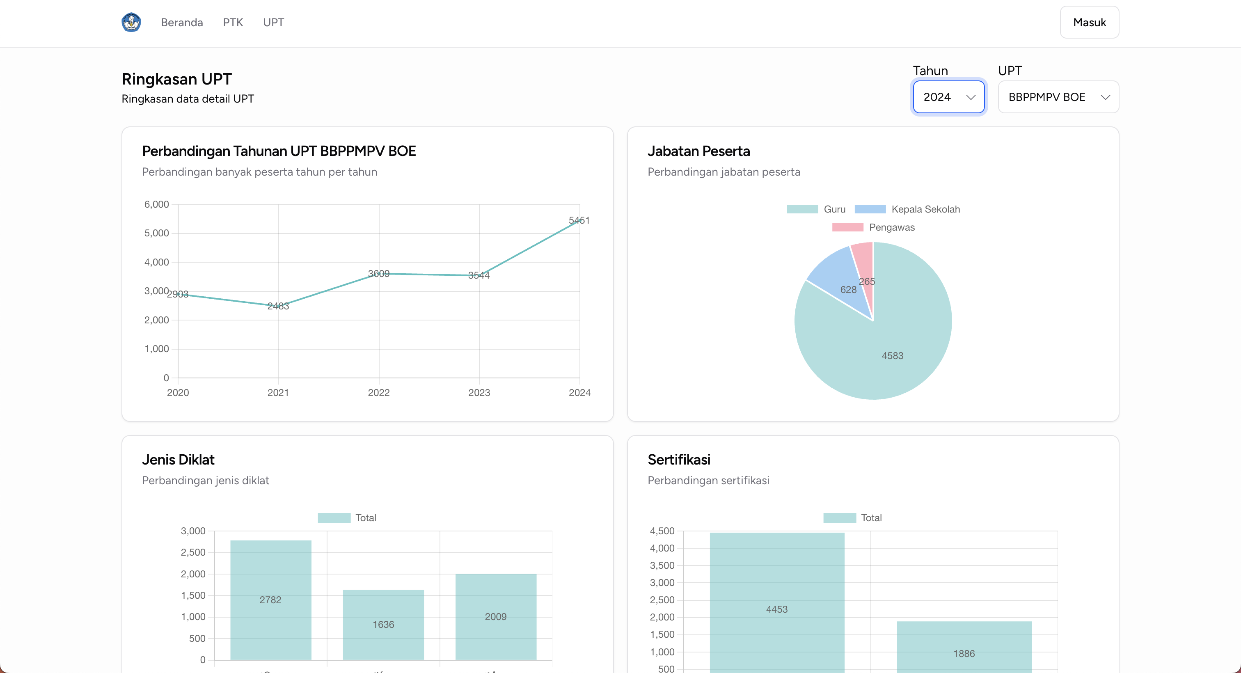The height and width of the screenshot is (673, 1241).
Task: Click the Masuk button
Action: coord(1089,22)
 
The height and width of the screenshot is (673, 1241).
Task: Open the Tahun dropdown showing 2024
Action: coord(948,97)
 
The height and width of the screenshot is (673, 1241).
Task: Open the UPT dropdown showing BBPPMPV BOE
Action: coord(1058,97)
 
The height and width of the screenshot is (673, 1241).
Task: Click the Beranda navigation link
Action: coord(182,23)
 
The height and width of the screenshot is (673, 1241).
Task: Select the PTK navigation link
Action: coord(233,23)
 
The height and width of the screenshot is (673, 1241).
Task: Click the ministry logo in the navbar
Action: coord(131,22)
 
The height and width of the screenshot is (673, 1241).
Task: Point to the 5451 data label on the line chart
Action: coord(579,220)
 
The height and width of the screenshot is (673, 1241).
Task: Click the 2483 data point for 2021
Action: coord(279,305)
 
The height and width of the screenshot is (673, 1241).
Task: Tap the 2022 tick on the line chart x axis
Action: coord(379,393)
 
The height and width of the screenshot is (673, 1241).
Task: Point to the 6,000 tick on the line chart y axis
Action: coord(157,204)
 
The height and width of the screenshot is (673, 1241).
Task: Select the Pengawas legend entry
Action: coord(873,227)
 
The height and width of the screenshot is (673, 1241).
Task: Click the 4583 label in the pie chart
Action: coord(892,355)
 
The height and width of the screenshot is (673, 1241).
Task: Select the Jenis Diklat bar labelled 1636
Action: coord(383,624)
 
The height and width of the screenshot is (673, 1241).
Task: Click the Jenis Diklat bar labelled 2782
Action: coord(271,600)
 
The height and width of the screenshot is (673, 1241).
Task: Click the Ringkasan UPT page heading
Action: coord(176,79)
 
